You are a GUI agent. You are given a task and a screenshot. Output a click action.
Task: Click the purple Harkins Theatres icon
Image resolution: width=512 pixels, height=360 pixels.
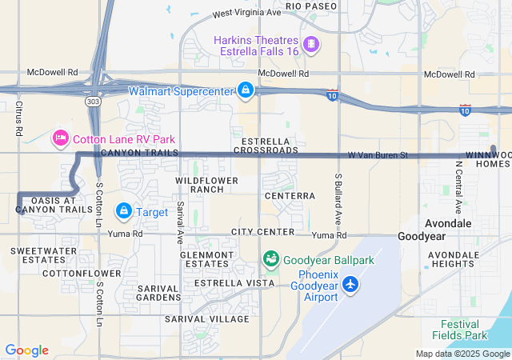[x=311, y=43]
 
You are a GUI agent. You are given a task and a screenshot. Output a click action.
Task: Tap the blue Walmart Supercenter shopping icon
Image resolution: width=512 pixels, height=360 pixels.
[x=246, y=91]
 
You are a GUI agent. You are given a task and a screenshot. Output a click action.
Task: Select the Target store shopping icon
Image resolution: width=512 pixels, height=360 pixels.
[x=124, y=211]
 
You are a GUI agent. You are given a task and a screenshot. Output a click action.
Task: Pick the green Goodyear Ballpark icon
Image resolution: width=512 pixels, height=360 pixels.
[x=271, y=259]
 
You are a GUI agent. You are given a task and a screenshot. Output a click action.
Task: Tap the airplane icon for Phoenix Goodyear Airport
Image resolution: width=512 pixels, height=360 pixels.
[x=350, y=284]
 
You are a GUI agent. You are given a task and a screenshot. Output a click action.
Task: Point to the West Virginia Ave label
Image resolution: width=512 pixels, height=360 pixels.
[x=247, y=14]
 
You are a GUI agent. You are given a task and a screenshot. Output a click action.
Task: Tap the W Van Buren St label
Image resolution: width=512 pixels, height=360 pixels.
[x=378, y=154]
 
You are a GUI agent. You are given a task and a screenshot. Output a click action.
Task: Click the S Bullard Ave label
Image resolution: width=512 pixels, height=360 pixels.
[x=339, y=198]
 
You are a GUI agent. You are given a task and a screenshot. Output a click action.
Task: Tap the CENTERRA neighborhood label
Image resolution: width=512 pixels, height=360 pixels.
[x=290, y=195]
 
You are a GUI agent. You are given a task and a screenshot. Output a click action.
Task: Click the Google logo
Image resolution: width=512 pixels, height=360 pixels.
[x=26, y=350]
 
